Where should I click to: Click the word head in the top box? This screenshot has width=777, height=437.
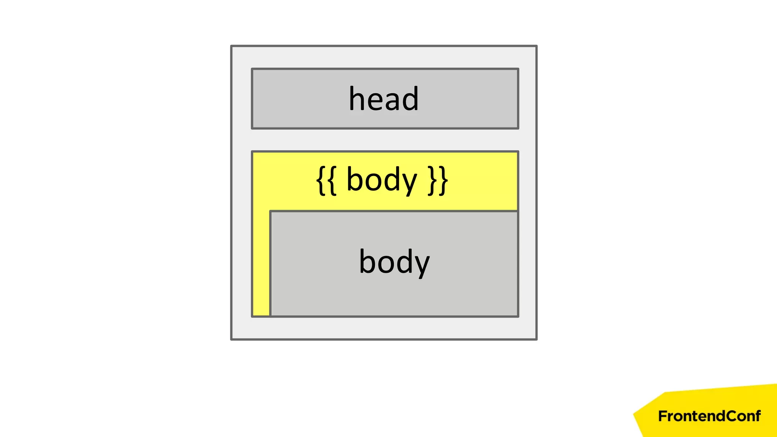coord(384,99)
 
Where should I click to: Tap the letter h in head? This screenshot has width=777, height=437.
coord(357,99)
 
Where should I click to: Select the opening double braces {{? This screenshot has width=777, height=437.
coord(326,180)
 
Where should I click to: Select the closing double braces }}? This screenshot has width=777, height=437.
coord(438,180)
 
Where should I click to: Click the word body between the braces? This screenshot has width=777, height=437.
coord(382,180)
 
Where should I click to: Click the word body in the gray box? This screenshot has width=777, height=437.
coord(394,262)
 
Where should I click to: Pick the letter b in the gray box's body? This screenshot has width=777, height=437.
coord(367,261)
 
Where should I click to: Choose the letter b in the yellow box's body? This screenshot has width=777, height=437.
coord(354,179)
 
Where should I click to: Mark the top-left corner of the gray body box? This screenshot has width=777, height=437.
coord(270,211)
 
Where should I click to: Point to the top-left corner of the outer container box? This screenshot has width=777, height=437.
coord(231,46)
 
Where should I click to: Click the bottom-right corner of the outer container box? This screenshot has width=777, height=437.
coord(536,339)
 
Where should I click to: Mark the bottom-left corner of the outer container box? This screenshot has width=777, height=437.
coord(231,339)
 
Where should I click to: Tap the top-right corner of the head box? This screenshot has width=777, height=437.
coord(518,69)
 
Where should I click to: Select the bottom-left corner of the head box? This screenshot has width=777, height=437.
coord(252,128)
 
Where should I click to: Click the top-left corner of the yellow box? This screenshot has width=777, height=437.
coord(252,152)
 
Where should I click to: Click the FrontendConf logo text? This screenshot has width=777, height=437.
coord(709,416)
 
